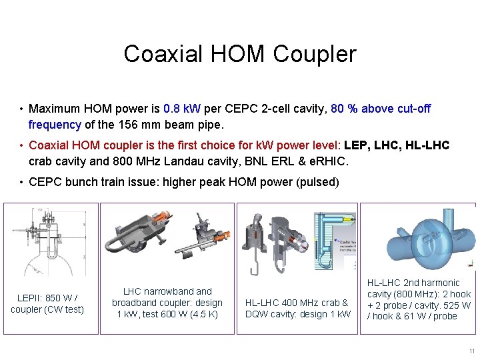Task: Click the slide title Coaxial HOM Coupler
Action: (x=240, y=54)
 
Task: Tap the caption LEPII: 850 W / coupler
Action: (x=47, y=303)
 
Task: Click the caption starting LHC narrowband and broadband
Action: (x=167, y=303)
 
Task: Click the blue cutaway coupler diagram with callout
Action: (x=327, y=237)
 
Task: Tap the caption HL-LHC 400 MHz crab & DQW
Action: (x=297, y=309)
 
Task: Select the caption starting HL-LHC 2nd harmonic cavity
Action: (x=419, y=299)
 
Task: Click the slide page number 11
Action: (x=471, y=351)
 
